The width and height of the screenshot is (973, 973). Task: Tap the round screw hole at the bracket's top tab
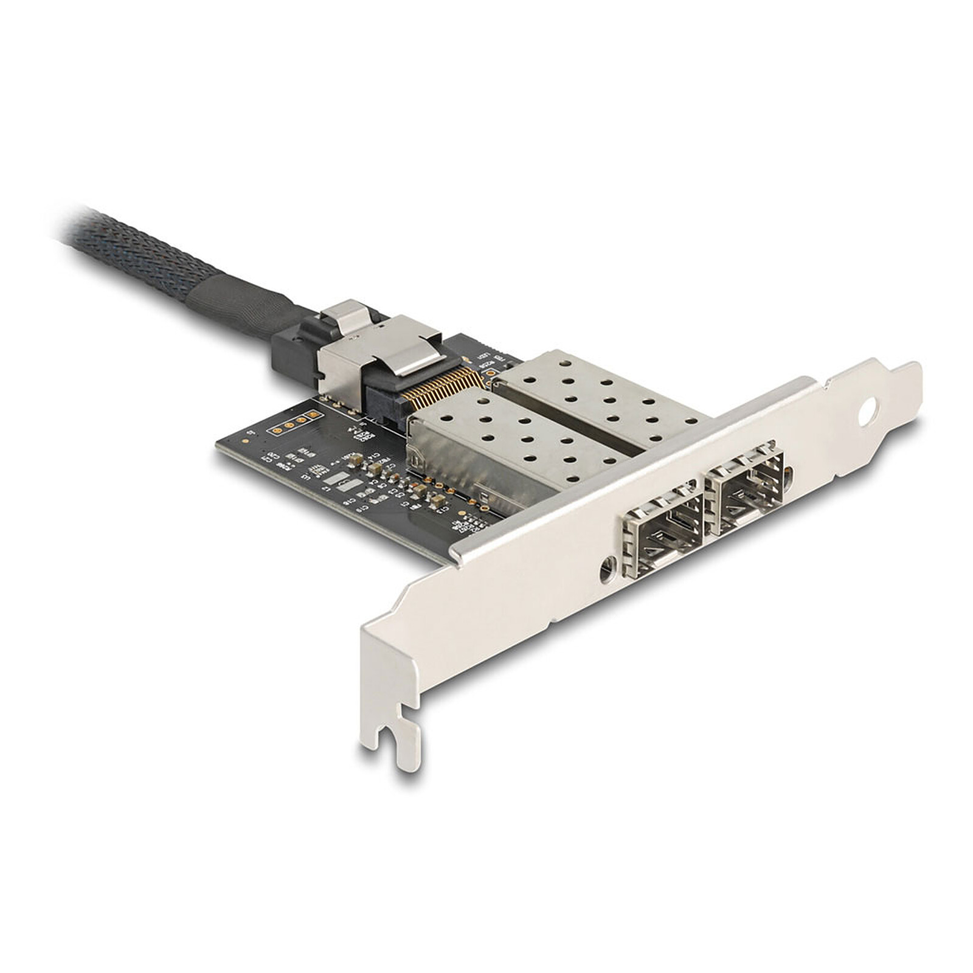pyautogui.click(x=868, y=412)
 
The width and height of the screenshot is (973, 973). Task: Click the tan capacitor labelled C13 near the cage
pyautogui.click(x=437, y=500)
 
